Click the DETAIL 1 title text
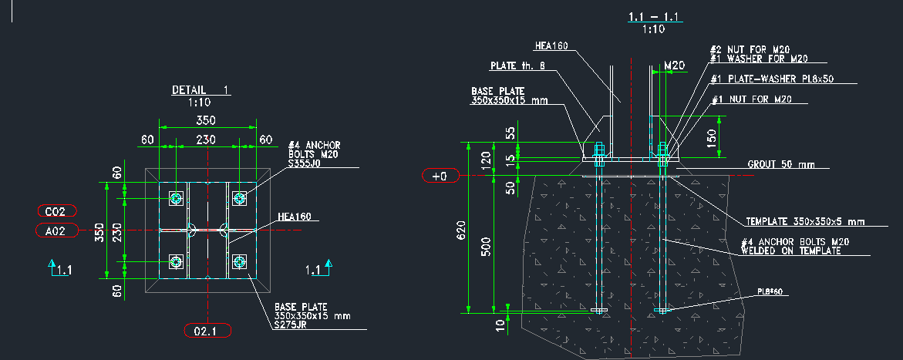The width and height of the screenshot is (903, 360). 200,90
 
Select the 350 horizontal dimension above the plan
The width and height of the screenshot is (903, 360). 205,120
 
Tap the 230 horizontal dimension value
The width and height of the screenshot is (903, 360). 205,140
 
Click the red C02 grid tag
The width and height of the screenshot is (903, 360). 59,210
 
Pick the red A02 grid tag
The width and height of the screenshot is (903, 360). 59,230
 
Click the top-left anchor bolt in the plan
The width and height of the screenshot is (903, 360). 177,199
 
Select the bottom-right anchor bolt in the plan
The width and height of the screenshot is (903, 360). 239,262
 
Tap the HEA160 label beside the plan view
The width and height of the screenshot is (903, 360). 294,217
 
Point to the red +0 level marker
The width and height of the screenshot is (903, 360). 440,177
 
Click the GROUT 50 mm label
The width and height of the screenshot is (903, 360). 780,164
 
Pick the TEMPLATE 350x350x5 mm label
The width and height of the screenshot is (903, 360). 804,222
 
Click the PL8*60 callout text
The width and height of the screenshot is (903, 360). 770,292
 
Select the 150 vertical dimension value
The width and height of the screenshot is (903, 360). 712,137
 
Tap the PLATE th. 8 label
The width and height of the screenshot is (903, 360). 518,66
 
